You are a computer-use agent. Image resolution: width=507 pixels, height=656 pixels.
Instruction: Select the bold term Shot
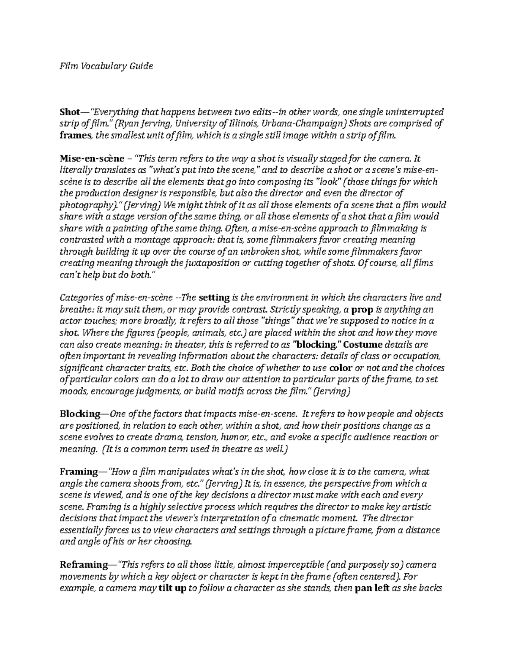click(69, 112)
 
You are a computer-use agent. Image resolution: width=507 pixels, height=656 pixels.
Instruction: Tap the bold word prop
click(362, 309)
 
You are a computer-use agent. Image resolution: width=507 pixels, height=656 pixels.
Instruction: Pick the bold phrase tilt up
click(173, 588)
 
